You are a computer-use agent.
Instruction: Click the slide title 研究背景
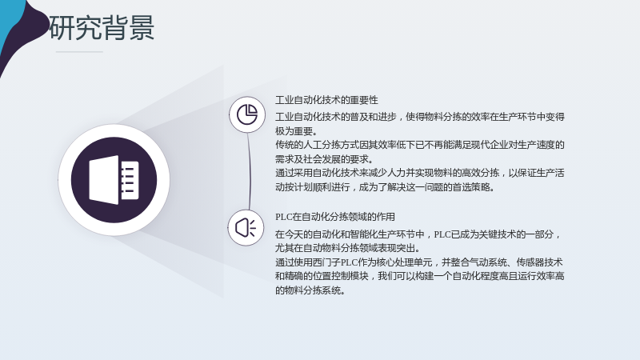102,28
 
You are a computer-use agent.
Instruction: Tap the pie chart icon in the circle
247,114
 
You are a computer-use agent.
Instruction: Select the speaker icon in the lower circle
246,228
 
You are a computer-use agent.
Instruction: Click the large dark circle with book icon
114,180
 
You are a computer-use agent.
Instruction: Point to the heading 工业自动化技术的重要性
326,100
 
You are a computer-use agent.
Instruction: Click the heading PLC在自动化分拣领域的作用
334,217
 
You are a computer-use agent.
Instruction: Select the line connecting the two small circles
249,171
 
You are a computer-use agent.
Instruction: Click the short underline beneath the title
79,52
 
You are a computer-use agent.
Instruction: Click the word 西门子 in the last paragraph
326,262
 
